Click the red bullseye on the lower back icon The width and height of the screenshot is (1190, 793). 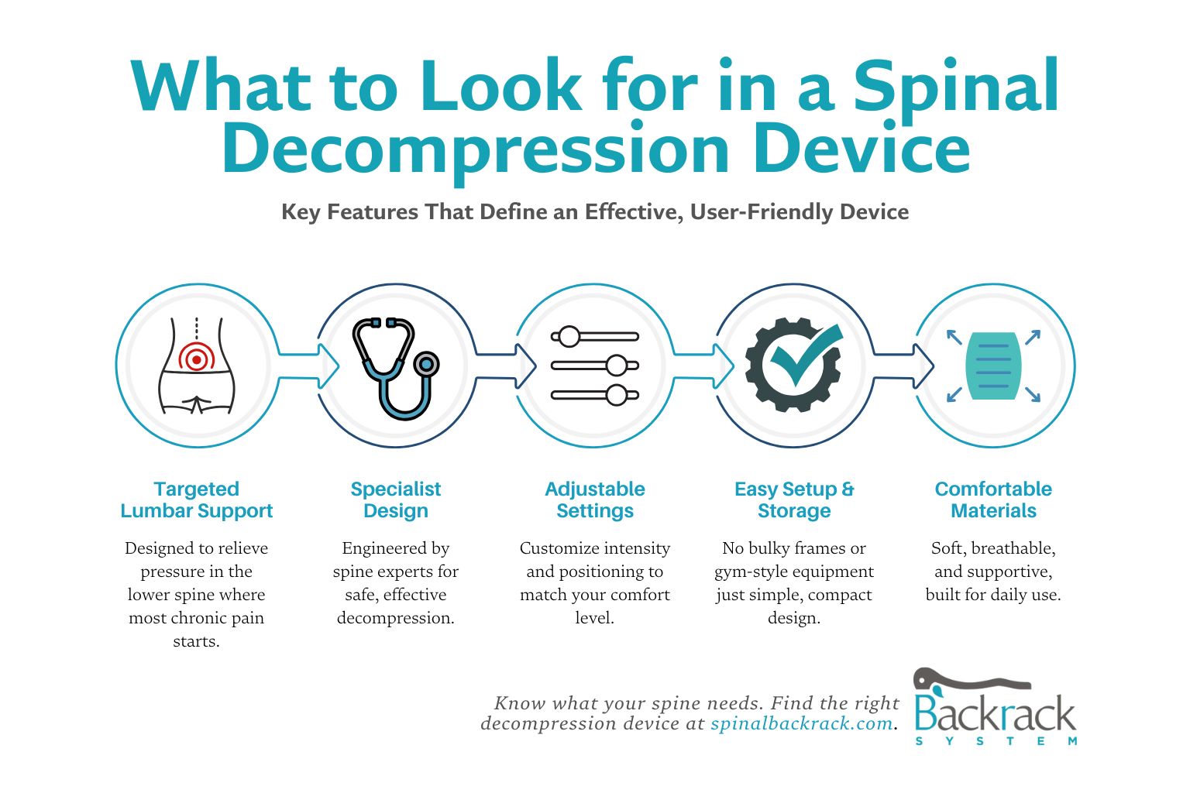[x=197, y=359]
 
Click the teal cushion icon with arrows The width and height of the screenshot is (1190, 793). [x=993, y=366]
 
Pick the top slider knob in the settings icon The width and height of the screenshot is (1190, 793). [x=569, y=337]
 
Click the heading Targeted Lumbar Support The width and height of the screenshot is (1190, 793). [x=197, y=499]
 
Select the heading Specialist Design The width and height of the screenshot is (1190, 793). [x=395, y=499]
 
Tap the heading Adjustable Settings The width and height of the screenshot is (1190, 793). [x=594, y=499]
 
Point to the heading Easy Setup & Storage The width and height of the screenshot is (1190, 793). [x=794, y=499]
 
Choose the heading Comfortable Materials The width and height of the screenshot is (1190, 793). [x=993, y=499]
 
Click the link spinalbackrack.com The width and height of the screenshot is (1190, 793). [x=801, y=723]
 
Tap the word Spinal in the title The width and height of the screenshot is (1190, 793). [x=956, y=87]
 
